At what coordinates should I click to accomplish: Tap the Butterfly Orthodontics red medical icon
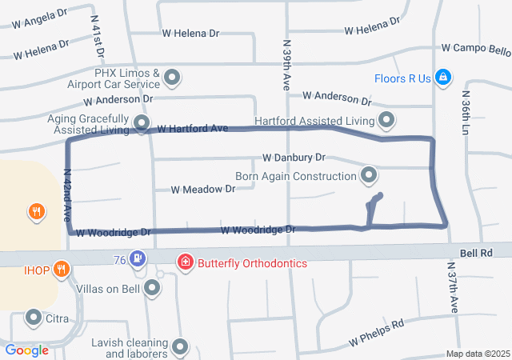pos(186,262)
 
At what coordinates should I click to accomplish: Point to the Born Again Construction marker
pos(369,174)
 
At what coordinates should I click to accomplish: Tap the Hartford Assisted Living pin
pos(387,121)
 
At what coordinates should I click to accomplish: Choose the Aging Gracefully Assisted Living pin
pos(142,122)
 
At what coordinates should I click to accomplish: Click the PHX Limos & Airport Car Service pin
pos(172,78)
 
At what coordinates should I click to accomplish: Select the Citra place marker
pos(34,318)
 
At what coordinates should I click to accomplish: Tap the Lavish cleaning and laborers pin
pos(180,346)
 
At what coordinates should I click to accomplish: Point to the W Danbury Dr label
pos(294,158)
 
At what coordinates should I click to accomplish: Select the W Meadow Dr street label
pos(203,190)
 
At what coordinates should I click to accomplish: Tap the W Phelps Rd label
pos(376,334)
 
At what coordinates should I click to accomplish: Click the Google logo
pos(26,350)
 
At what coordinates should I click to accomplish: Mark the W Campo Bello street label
pos(476,50)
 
